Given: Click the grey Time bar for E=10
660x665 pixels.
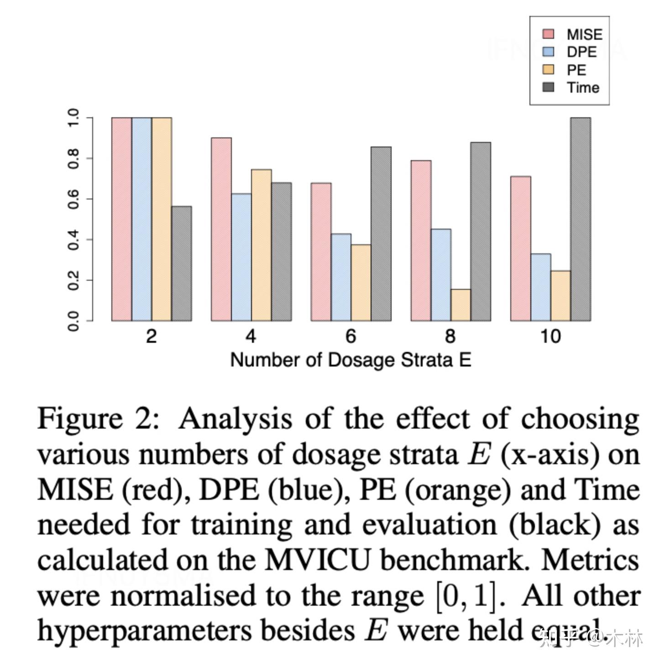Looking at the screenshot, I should point(580,219).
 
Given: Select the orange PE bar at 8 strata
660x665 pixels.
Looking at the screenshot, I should point(461,304).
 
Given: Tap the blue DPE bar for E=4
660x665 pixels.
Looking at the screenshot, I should point(241,257).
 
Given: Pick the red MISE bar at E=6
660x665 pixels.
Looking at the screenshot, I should point(321,251).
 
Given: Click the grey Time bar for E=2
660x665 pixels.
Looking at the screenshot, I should point(181,263).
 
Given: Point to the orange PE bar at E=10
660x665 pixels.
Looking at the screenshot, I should point(560,296).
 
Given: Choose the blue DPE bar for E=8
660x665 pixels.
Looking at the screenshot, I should point(440,275).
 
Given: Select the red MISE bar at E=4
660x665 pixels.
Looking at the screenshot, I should point(221,229).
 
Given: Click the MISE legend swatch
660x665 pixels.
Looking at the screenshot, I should point(548,34).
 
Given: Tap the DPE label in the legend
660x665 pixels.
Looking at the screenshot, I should point(581,52).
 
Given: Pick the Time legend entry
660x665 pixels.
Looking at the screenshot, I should point(583,88).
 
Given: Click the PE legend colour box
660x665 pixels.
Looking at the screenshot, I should point(548,70).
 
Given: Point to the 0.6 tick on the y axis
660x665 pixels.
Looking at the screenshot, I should point(73,199).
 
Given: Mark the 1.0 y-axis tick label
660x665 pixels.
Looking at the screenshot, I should point(73,118).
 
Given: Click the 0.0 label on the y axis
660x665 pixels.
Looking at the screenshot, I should point(73,321).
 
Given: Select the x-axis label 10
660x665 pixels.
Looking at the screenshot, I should point(550,336).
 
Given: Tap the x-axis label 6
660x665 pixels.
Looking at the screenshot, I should point(351,336).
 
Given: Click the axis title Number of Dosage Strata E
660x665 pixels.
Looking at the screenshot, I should point(350,360).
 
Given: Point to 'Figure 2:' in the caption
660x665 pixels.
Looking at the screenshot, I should point(98,419).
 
